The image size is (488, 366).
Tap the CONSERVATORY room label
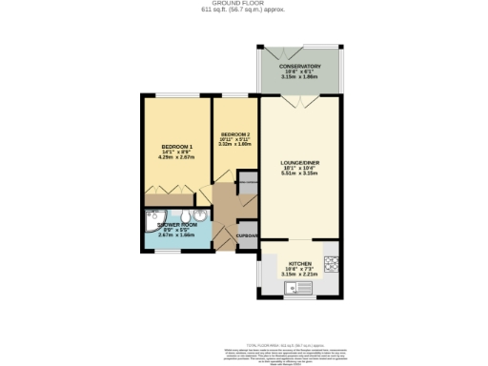pyautogui.click(x=299, y=66)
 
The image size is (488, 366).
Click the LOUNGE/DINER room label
pyautogui.click(x=299, y=163)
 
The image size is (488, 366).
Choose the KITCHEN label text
pyautogui.click(x=299, y=262)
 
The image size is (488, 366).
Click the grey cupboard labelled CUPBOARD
pyautogui.click(x=248, y=234)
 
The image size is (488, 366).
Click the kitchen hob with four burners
pyautogui.click(x=332, y=262)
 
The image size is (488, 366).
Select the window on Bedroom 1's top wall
pyautogui.click(x=173, y=94)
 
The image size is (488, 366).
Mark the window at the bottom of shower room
pyautogui.click(x=168, y=251)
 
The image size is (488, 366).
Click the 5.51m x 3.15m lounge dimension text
pyautogui.click(x=299, y=174)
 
